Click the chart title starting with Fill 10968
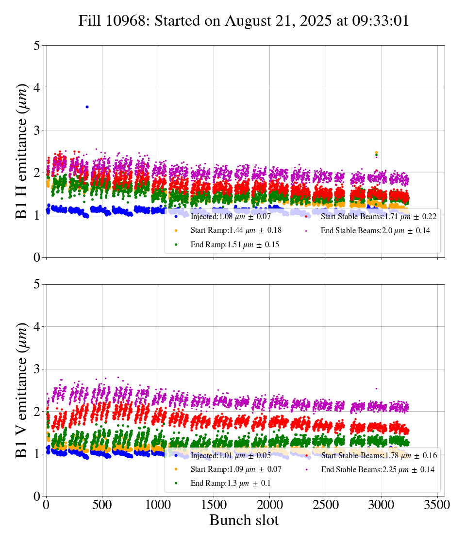click(x=244, y=21)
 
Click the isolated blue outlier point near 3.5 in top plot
click(x=87, y=107)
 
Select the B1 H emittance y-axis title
click(x=22, y=151)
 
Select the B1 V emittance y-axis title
click(x=22, y=390)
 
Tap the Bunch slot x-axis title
click(x=244, y=521)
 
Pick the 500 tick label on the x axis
click(x=102, y=504)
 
